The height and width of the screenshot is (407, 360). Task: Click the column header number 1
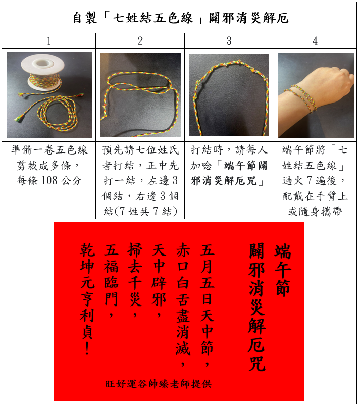[x=49, y=41]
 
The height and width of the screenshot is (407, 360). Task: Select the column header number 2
[x=140, y=41]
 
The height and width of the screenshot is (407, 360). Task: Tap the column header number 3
[x=229, y=41]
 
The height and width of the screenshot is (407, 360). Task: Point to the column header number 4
[x=315, y=41]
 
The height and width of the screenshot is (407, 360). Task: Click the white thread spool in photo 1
[x=41, y=73]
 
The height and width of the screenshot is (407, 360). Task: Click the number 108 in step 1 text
[x=49, y=180]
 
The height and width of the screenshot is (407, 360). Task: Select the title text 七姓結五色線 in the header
[x=153, y=18]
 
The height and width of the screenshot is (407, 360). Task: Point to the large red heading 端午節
[x=283, y=270]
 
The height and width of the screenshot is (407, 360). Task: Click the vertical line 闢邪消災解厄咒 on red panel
[x=256, y=307]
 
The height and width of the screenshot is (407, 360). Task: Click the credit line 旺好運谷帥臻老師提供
[x=159, y=384]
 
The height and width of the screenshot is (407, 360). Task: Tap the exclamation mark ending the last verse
[x=87, y=348]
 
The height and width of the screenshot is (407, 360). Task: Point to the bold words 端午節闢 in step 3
[x=245, y=165]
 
